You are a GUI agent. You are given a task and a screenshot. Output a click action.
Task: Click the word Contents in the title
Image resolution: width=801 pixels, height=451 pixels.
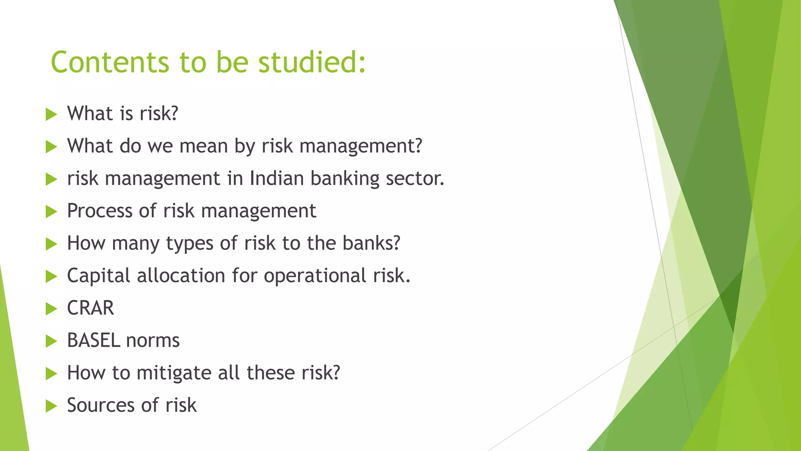[110, 63]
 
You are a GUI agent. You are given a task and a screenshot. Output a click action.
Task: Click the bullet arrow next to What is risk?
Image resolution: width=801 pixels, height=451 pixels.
[51, 115]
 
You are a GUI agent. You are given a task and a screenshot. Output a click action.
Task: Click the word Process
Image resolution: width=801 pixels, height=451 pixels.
[100, 211]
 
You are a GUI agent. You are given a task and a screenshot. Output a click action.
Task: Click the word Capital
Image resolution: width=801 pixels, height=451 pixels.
[98, 276]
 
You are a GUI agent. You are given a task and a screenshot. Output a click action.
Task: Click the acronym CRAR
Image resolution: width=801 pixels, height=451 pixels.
[90, 308]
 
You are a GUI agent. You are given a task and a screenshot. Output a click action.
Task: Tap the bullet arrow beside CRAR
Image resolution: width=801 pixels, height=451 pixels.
[51, 309]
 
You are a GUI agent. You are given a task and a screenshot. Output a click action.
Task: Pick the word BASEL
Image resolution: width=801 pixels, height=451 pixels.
[93, 341]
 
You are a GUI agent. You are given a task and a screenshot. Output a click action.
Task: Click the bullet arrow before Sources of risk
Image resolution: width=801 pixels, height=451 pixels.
[51, 406]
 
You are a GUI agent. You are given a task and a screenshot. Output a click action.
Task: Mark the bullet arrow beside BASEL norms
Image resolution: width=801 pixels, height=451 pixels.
[51, 341]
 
